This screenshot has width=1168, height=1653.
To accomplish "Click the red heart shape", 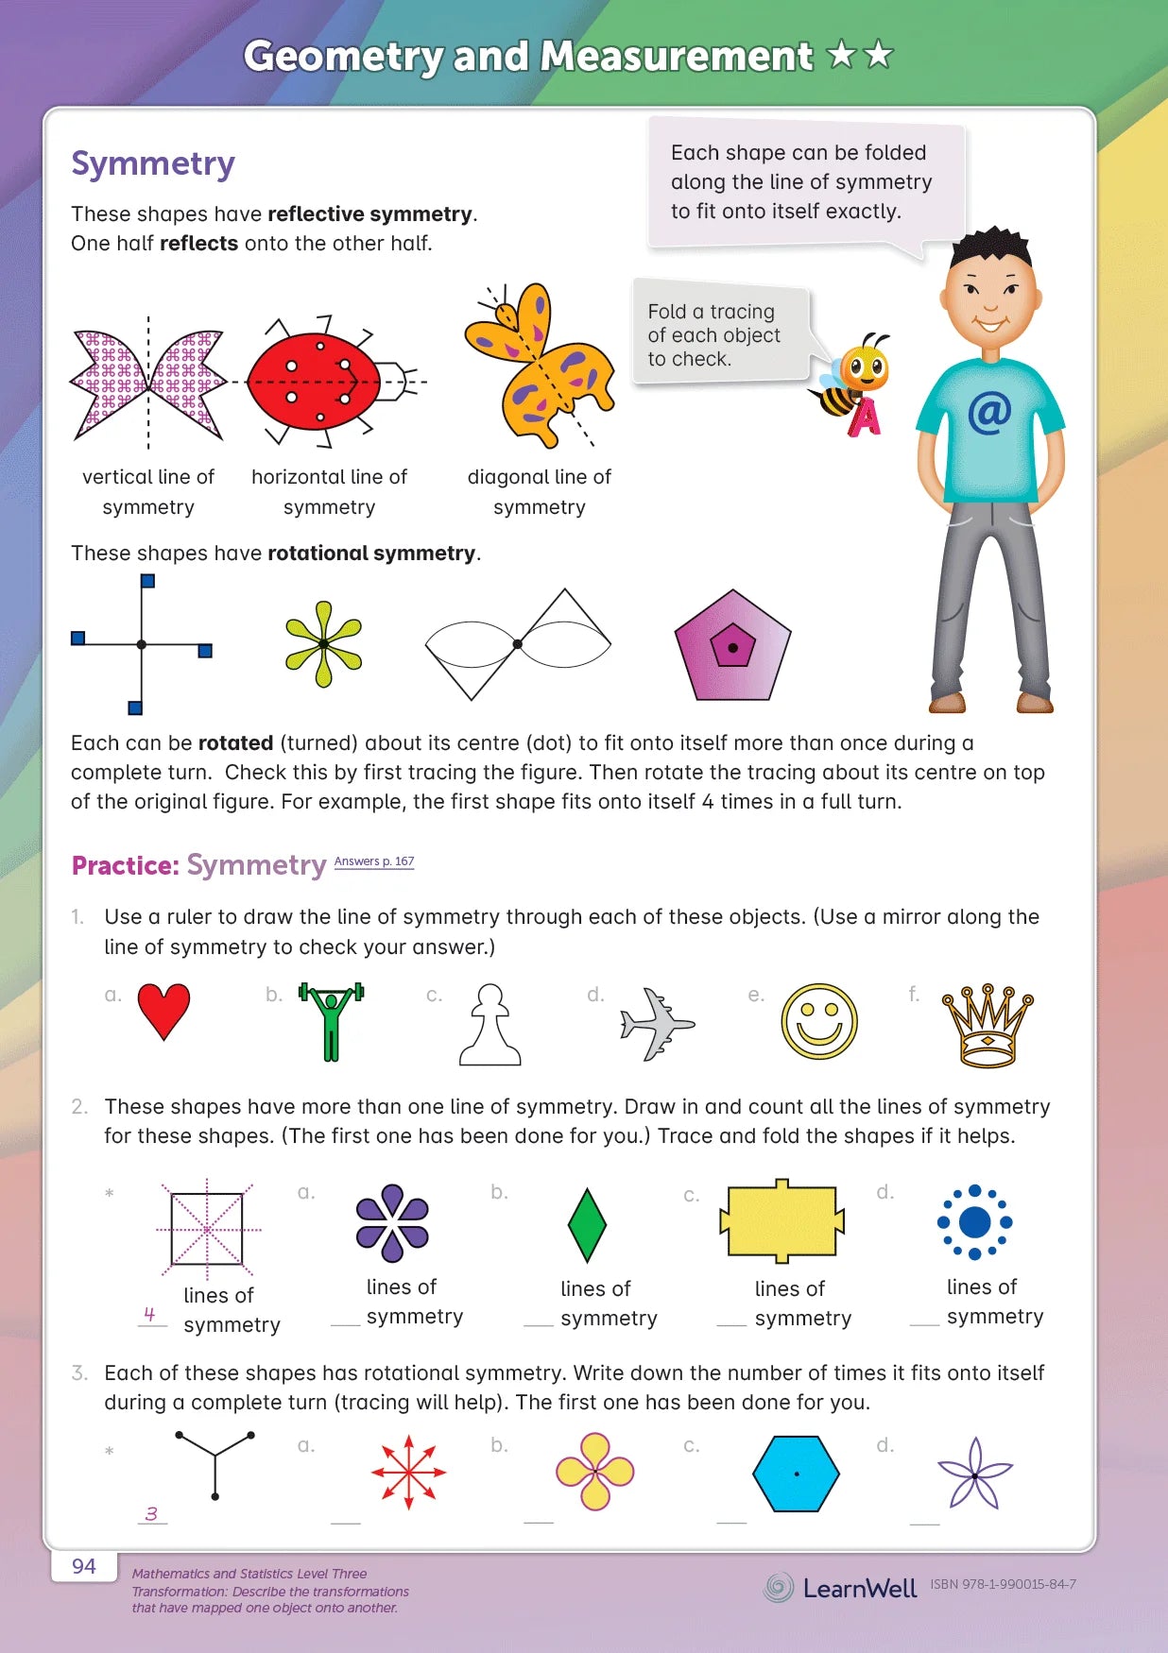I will coord(163,1009).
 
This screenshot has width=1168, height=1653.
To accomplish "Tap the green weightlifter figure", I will coord(331,1019).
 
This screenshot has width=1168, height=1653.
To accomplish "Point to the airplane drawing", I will coord(657,1024).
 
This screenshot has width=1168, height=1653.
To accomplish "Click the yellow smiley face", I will coord(819,1022).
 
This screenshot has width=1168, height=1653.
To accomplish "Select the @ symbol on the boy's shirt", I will coord(989,413).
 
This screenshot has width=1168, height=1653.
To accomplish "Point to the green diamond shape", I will coord(587,1225).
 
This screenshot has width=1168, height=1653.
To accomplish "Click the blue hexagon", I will coord(796,1474).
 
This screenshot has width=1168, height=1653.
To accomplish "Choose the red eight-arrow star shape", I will coord(408,1472).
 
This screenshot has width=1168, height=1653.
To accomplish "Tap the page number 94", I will coord(84,1566).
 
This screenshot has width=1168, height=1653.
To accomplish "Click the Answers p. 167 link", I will coord(374,861).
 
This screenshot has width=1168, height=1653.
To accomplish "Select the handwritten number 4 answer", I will coord(149,1314).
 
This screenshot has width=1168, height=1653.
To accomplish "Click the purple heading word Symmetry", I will coord(153,163).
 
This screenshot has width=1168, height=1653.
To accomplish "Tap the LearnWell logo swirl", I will coord(779,1587).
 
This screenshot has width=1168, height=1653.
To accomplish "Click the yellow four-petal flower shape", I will coord(594,1471).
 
